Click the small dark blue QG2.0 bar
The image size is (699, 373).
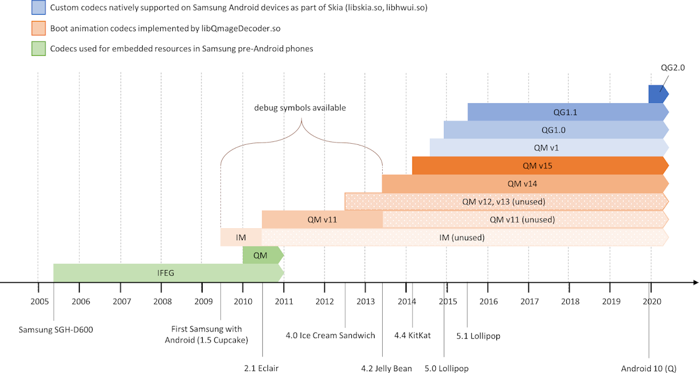(658, 94)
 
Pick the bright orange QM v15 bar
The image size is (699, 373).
(537, 166)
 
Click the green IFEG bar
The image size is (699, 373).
(166, 272)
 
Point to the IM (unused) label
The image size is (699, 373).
(461, 237)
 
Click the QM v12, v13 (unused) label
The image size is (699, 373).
(503, 202)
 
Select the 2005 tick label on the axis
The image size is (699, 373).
(40, 301)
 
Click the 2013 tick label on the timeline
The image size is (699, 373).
(365, 301)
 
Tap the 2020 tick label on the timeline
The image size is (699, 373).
(651, 301)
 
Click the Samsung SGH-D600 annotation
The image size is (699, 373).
(55, 330)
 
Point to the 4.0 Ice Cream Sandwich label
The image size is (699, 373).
(330, 336)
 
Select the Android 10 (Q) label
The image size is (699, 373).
(648, 368)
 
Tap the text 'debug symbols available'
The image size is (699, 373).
(300, 108)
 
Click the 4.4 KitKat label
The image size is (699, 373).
(412, 336)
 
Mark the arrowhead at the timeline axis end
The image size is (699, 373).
(694, 283)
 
